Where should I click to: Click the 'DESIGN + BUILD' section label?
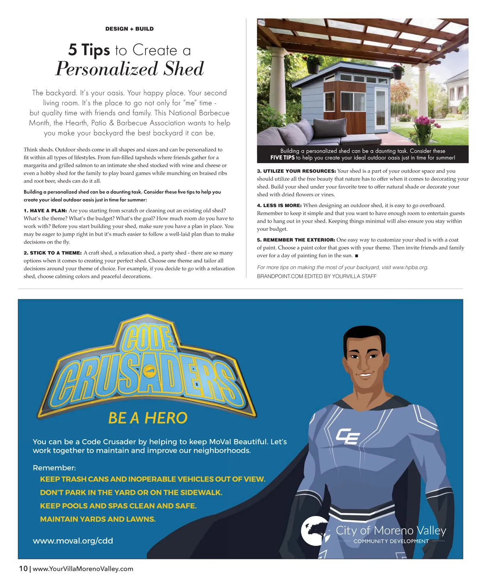pyautogui.click(x=129, y=29)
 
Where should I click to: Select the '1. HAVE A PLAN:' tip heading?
pyautogui.click(x=45, y=211)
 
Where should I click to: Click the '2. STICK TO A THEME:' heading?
pyautogui.click(x=53, y=253)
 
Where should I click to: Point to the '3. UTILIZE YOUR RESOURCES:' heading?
pyautogui.click(x=296, y=171)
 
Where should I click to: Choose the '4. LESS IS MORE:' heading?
pyautogui.click(x=279, y=206)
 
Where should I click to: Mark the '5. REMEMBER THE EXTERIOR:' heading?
pyautogui.click(x=296, y=240)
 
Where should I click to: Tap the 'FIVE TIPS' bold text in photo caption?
pyautogui.click(x=282, y=158)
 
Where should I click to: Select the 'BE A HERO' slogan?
pyautogui.click(x=148, y=418)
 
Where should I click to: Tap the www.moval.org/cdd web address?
pyautogui.click(x=73, y=541)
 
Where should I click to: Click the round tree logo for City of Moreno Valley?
pyautogui.click(x=315, y=531)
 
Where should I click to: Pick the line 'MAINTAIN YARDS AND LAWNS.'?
pyautogui.click(x=97, y=519)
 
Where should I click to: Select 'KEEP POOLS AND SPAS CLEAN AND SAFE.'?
pyautogui.click(x=118, y=506)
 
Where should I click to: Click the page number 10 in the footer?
pyautogui.click(x=23, y=569)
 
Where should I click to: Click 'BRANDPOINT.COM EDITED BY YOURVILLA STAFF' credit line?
pyautogui.click(x=317, y=276)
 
